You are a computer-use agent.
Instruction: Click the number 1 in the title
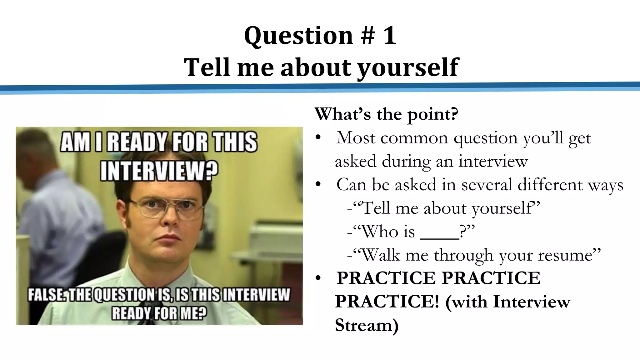[389, 36]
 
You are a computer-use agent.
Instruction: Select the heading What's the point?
[386, 114]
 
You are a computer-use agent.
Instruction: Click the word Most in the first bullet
[356, 138]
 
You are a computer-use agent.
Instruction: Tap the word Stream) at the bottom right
[367, 325]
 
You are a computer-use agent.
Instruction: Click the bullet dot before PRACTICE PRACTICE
[318, 278]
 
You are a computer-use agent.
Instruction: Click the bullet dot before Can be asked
[318, 184]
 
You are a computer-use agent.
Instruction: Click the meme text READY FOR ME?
[159, 313]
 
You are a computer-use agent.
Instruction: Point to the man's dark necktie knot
[147, 308]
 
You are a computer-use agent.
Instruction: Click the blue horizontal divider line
[320, 87]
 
